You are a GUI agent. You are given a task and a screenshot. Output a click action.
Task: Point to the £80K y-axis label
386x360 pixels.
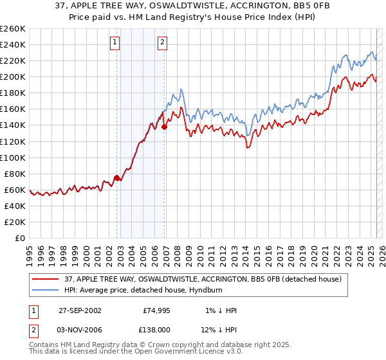[14, 174]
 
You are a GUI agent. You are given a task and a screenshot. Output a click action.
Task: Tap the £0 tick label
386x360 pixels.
[21, 238]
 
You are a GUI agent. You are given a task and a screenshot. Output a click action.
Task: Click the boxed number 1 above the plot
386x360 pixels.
[115, 43]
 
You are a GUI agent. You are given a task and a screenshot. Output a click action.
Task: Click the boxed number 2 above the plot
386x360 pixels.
[161, 43]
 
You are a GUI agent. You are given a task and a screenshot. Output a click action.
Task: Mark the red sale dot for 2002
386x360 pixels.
[117, 177]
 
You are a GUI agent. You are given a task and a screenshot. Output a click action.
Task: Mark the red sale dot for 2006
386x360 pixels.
[164, 127]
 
